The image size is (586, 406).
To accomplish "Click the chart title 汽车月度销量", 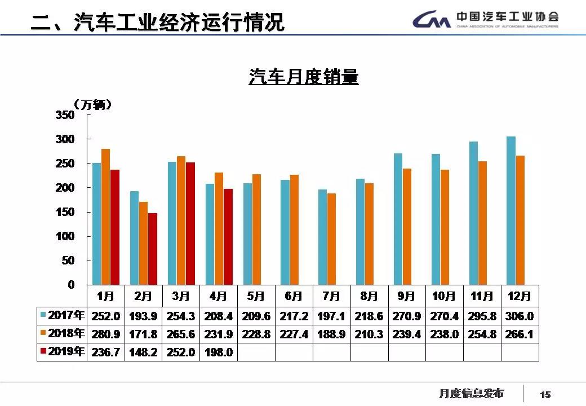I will (x=303, y=77).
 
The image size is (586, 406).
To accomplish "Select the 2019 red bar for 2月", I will (x=153, y=249).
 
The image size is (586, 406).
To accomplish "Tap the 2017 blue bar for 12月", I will (x=510, y=210).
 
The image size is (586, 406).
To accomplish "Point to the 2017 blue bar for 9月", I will (x=398, y=219).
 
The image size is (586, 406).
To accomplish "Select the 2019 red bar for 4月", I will (x=228, y=237).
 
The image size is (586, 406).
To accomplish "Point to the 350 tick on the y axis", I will (x=65, y=115).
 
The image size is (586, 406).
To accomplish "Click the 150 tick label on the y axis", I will (x=65, y=212).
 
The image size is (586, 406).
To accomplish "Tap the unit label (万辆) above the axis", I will (x=93, y=105).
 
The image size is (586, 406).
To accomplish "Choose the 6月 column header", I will (x=294, y=296).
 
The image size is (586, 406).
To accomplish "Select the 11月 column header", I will (x=482, y=296).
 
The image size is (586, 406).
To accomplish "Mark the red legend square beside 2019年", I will (x=43, y=352).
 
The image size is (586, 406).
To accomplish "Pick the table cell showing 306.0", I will (x=520, y=316).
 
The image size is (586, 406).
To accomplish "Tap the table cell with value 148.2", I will (x=144, y=352).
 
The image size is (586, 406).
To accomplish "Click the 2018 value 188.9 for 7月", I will (x=331, y=334).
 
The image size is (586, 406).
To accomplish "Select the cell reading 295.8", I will (x=482, y=316).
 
